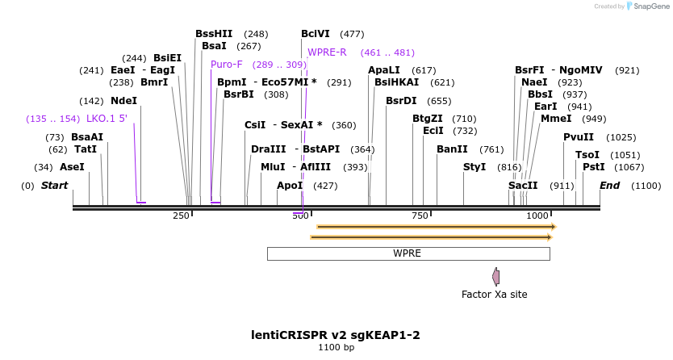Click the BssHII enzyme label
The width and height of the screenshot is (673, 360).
point(214,34)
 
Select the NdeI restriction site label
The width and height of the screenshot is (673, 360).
point(123,101)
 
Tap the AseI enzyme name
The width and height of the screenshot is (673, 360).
point(72,167)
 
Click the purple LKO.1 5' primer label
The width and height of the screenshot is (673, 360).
point(107,119)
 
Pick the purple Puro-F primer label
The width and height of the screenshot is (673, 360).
point(227,65)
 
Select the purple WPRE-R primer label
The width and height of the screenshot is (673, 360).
point(327,52)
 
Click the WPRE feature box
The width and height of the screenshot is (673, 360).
point(408,253)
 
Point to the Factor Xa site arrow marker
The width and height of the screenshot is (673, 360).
point(495,277)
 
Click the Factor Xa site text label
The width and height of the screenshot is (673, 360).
point(494,295)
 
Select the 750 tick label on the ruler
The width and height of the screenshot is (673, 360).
point(420,216)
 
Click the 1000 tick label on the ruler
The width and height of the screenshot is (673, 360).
point(538,216)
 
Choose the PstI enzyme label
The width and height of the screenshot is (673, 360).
point(593,167)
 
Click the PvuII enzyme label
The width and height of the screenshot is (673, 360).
point(579,137)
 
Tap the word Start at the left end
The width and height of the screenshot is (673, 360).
point(54,186)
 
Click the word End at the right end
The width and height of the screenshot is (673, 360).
point(609,186)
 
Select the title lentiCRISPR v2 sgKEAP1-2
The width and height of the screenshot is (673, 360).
point(336,335)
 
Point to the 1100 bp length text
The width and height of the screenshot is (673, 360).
point(336,348)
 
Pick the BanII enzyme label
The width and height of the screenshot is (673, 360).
point(452,149)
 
